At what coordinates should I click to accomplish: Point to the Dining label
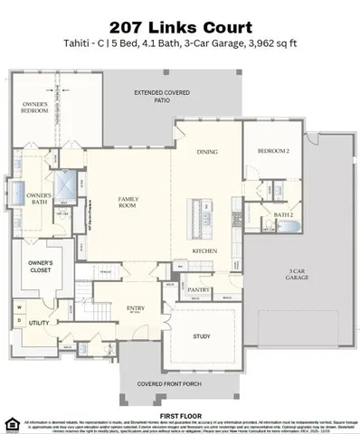(x=207, y=153)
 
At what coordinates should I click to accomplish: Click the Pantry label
(x=200, y=290)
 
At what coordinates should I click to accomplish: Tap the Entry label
(x=135, y=308)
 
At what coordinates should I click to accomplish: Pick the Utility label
(x=38, y=322)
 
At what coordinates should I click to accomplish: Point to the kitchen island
(x=194, y=215)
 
